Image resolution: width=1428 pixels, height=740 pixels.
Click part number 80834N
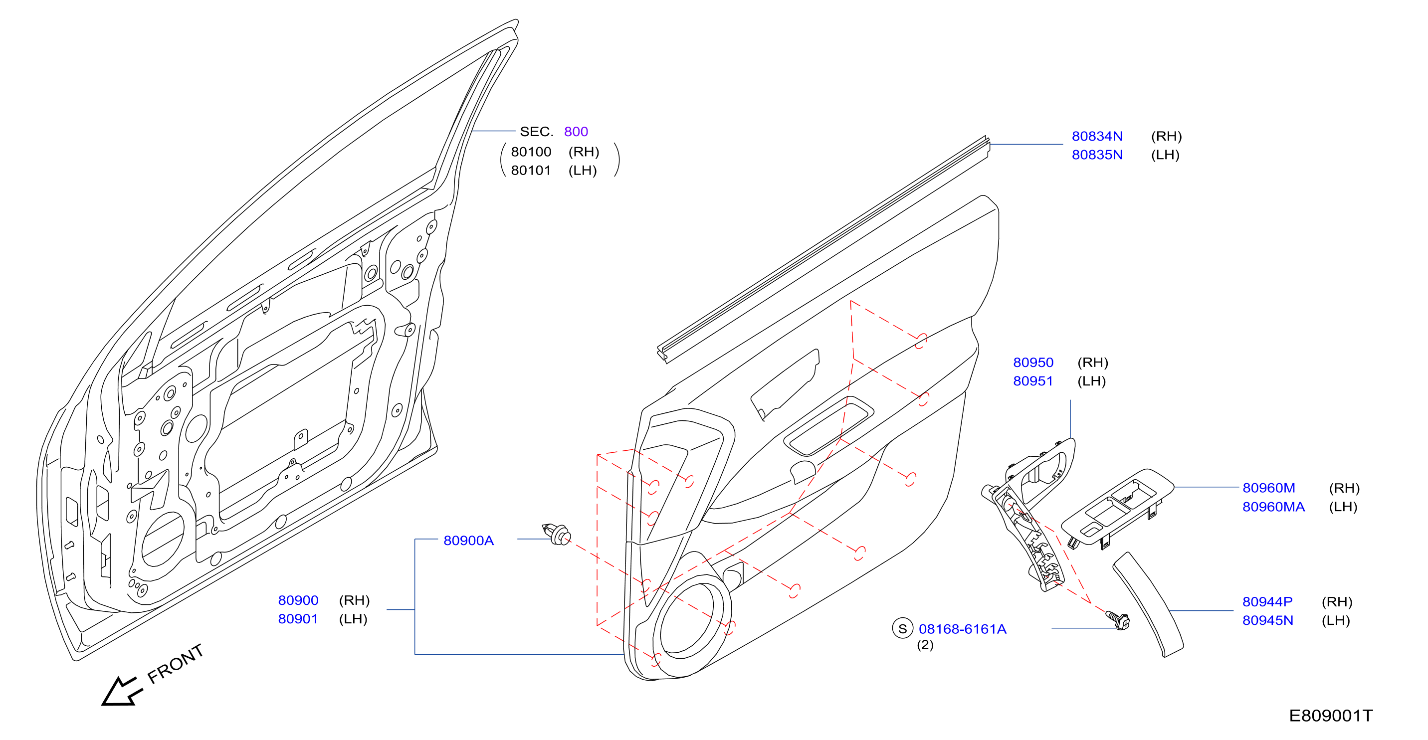pos(1097,136)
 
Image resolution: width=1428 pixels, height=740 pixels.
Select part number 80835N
pos(1097,155)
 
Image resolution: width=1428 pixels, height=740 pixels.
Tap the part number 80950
pos(1033,363)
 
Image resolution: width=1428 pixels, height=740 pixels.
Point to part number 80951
pos(1033,381)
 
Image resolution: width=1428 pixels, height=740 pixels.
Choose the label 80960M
pos(1269,488)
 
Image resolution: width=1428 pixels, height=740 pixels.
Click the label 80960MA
pos(1274,507)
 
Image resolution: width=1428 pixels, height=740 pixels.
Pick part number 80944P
pos(1268,602)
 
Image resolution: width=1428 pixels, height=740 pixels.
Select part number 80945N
pos(1268,621)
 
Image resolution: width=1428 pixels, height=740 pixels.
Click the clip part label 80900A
pos(468,541)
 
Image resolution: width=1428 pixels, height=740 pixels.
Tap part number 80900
pos(298,601)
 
